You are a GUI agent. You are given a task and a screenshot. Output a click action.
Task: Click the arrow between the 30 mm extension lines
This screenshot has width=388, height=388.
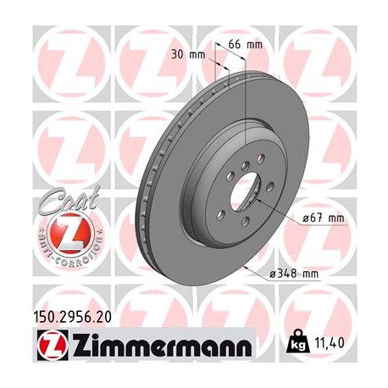click(x=223, y=60)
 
